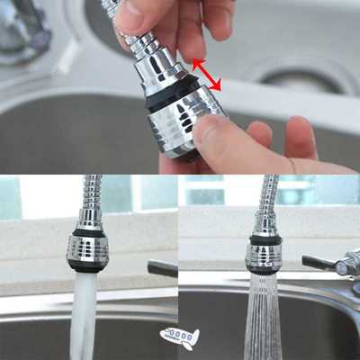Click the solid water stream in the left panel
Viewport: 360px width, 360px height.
[x=84, y=315]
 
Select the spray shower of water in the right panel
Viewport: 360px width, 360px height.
[x=263, y=319]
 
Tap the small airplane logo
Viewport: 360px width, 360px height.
[x=180, y=337]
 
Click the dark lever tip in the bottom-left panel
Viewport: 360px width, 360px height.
[x=162, y=268]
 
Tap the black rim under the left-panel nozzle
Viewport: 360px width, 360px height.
[x=86, y=266]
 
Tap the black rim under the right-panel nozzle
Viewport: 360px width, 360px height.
[x=263, y=267]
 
